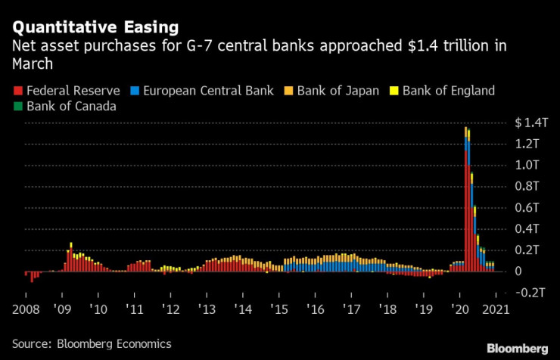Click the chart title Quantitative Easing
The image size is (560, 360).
pyautogui.click(x=94, y=28)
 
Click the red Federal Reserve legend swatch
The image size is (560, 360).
pyautogui.click(x=17, y=91)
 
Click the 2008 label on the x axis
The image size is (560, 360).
pyautogui.click(x=26, y=309)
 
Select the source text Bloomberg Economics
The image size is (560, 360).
pyautogui.click(x=114, y=343)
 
